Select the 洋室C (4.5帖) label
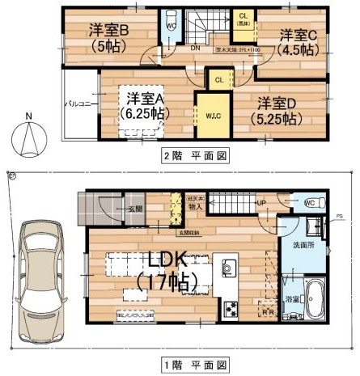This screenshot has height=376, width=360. tap(299, 41)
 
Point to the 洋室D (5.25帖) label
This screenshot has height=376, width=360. tap(278, 111)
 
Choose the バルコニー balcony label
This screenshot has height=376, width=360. tap(80, 104)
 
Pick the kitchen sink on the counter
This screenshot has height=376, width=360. tap(227, 268)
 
